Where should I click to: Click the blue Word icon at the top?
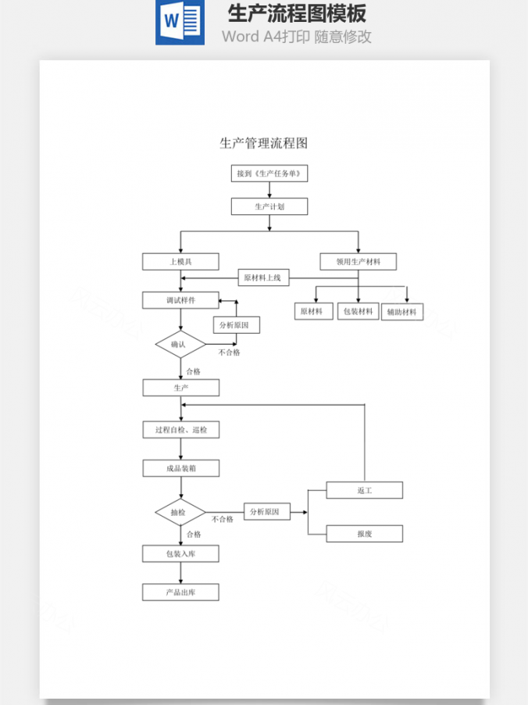[180, 23]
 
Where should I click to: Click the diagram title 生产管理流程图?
[263, 143]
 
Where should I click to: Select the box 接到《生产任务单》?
[269, 174]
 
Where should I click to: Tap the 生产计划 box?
[269, 206]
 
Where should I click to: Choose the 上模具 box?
[180, 262]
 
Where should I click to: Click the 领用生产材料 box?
[359, 262]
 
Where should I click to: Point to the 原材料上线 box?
[266, 277]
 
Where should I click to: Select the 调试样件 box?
[180, 300]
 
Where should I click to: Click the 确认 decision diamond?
[180, 344]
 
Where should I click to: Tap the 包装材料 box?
[359, 311]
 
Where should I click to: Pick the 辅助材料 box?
[402, 312]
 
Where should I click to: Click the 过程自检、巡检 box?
[180, 430]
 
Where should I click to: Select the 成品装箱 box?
[180, 468]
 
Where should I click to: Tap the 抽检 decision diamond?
[180, 513]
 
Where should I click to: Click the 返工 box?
[365, 490]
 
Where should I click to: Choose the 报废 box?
[365, 534]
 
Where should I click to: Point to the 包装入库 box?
[180, 554]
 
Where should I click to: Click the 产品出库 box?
[180, 592]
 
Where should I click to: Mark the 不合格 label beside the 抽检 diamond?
[223, 519]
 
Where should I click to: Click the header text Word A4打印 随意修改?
[296, 36]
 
